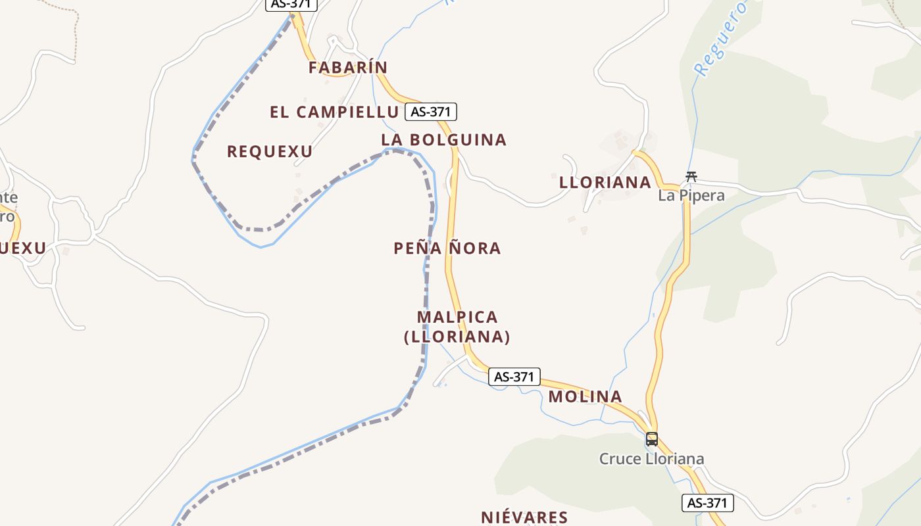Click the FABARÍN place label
(x=348, y=67)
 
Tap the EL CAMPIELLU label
(x=334, y=112)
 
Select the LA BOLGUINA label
(x=444, y=139)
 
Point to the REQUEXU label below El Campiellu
(x=270, y=151)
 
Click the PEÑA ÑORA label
(x=447, y=248)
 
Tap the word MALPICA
(x=457, y=317)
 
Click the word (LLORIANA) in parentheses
(x=457, y=337)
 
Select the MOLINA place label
(x=585, y=396)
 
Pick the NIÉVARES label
(x=524, y=517)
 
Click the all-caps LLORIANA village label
(x=605, y=182)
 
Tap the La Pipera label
(x=691, y=195)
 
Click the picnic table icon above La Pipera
(x=691, y=176)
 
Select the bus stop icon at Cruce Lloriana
(x=651, y=439)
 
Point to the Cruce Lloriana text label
(x=651, y=458)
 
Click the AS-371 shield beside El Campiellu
(x=430, y=112)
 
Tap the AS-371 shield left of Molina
(x=514, y=377)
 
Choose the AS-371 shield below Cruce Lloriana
(x=707, y=503)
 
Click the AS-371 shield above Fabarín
(x=291, y=4)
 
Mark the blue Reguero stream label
(x=721, y=38)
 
